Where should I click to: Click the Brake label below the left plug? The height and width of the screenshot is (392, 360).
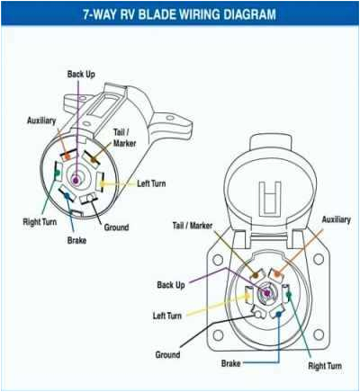point(77,241)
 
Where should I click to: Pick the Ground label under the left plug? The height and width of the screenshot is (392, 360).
point(121,227)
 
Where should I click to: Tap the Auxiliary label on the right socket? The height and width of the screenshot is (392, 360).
point(335,219)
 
